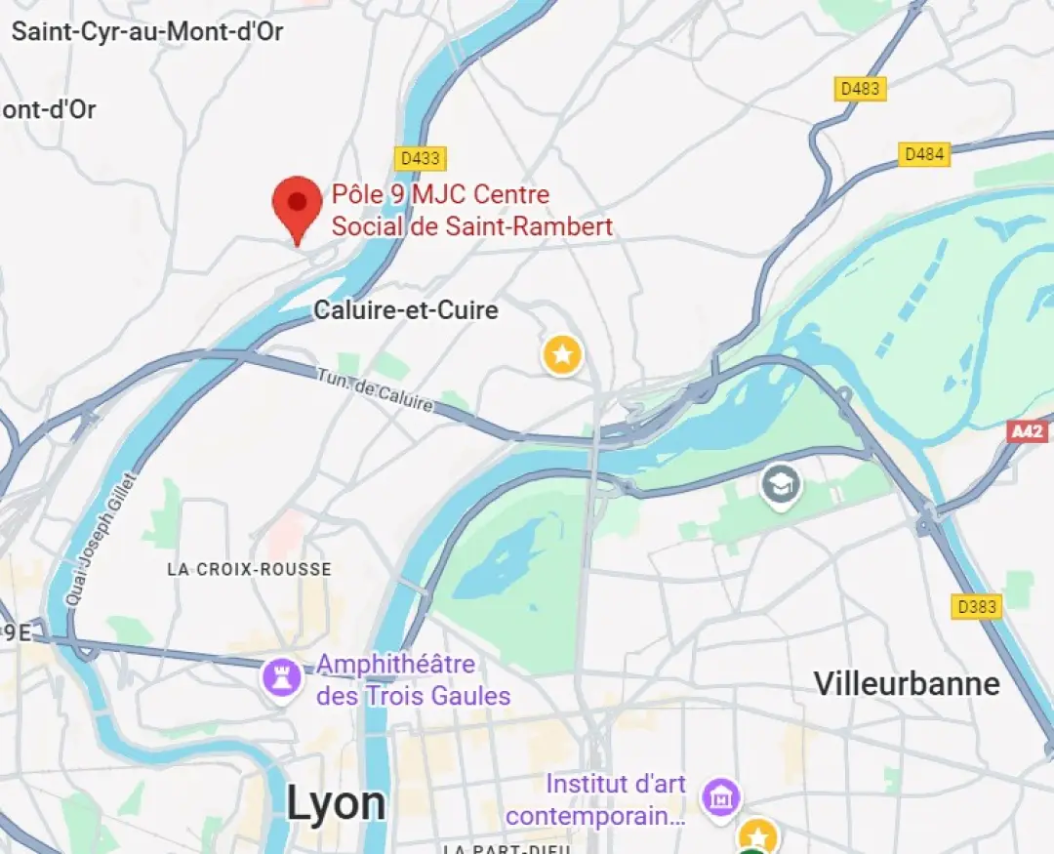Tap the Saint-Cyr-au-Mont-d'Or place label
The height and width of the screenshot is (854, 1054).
click(147, 31)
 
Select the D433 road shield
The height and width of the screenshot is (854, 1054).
click(421, 158)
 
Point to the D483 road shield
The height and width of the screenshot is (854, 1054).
click(860, 89)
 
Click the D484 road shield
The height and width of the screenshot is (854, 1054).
click(923, 154)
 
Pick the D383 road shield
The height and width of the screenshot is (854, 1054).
click(977, 606)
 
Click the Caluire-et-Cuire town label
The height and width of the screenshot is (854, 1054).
click(406, 310)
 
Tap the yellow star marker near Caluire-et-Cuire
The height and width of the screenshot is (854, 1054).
click(562, 354)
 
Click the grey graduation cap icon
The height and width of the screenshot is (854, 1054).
click(781, 484)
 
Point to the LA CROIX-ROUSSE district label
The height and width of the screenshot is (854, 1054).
click(249, 569)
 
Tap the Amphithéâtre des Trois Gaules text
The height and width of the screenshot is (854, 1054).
click(413, 680)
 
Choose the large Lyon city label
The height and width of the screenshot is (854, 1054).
click(336, 803)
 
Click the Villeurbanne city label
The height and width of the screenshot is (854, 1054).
click(907, 683)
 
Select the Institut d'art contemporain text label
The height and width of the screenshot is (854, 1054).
click(595, 799)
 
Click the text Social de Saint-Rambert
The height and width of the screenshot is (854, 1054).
click(472, 226)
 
